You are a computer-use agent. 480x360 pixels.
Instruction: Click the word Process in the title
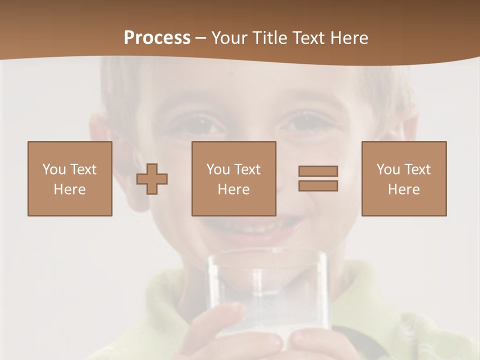click(x=157, y=38)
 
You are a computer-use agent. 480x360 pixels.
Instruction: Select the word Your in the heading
click(x=230, y=38)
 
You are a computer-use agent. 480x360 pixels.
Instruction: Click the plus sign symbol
click(x=152, y=178)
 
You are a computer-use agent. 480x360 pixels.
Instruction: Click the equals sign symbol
click(x=318, y=178)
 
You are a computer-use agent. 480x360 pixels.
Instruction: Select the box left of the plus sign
click(x=70, y=178)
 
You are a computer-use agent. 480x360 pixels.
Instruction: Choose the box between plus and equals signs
click(x=233, y=178)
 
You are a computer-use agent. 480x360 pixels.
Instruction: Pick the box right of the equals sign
click(x=403, y=178)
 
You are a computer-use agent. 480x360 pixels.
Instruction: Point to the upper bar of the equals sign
click(x=318, y=171)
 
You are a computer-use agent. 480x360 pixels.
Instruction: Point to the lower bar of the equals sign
click(x=318, y=185)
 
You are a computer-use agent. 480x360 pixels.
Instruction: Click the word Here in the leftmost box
click(x=70, y=189)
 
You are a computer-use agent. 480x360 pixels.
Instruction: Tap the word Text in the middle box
click(x=247, y=169)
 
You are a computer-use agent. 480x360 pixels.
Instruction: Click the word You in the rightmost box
click(x=388, y=169)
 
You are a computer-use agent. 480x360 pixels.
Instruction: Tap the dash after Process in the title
click(x=201, y=38)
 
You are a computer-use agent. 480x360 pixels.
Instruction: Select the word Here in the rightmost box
click(x=403, y=189)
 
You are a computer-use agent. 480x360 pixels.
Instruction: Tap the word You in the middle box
click(x=218, y=169)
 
